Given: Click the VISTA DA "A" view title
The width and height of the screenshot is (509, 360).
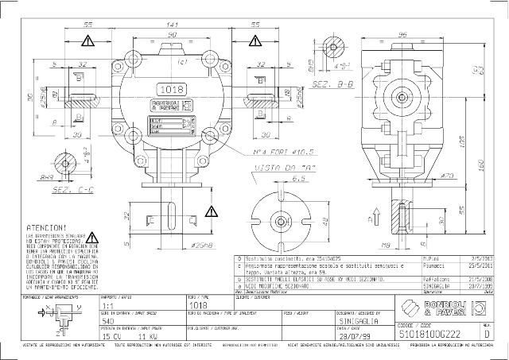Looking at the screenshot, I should click(282, 169).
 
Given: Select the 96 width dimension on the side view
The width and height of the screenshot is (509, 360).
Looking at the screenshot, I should click(402, 34).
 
